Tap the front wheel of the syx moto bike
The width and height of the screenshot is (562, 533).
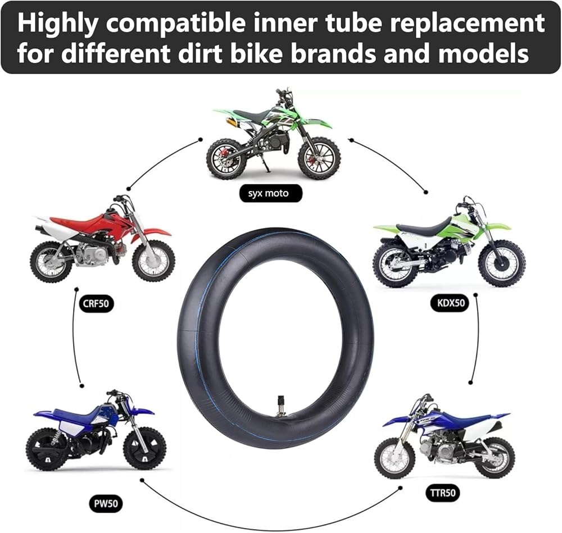tap(319, 158)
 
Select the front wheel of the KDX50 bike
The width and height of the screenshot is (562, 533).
tap(502, 263)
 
